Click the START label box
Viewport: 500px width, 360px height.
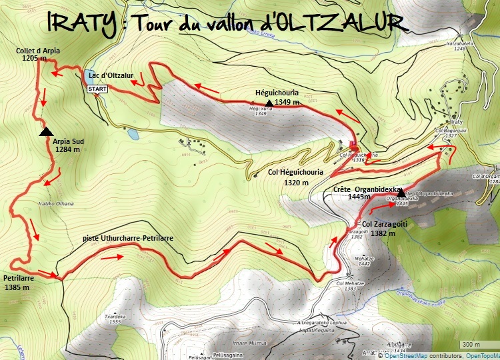[x=97, y=89]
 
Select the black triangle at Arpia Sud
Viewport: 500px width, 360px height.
[x=47, y=132]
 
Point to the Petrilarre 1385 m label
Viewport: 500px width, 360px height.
[x=18, y=282]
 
